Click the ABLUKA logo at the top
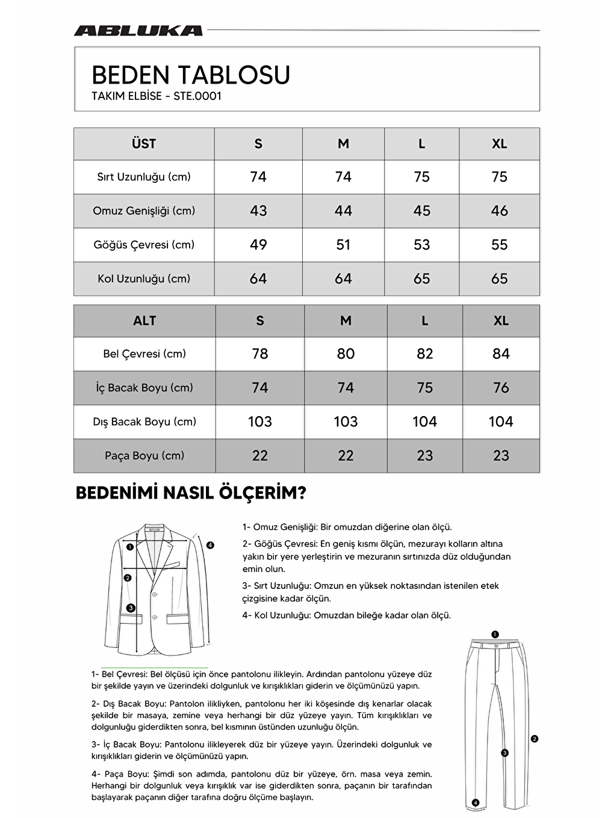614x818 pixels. (x=138, y=31)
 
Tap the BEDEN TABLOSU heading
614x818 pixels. (x=191, y=75)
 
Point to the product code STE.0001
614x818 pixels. (x=197, y=96)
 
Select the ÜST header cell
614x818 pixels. (x=144, y=144)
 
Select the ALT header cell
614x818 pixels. (x=144, y=321)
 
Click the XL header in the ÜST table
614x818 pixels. (x=499, y=144)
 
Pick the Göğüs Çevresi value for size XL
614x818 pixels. (x=499, y=245)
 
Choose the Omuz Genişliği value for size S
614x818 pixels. (x=258, y=211)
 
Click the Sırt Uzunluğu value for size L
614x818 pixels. (x=421, y=177)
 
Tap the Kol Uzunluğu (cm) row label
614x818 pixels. (x=144, y=278)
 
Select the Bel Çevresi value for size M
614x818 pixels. (x=346, y=354)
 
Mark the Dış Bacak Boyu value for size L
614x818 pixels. (x=424, y=422)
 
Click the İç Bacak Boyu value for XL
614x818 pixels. (x=501, y=388)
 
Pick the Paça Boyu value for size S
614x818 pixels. (x=260, y=456)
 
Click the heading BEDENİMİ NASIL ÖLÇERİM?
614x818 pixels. (x=191, y=493)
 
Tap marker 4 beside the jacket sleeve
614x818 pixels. (x=210, y=546)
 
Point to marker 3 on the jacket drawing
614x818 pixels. (x=131, y=607)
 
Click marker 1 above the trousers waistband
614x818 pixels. (x=495, y=634)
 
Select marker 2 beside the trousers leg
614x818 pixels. (x=535, y=739)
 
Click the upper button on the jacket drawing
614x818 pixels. (x=153, y=594)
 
